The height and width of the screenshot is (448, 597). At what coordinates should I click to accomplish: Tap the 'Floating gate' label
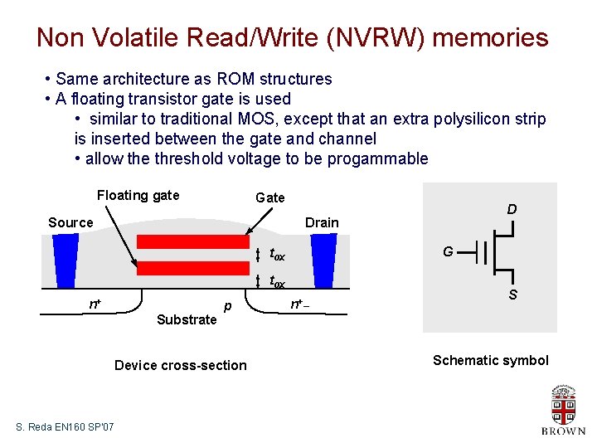[x=138, y=196]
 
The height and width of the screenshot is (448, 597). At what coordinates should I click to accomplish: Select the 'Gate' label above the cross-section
[x=270, y=197]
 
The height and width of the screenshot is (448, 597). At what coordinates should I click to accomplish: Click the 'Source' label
[x=70, y=222]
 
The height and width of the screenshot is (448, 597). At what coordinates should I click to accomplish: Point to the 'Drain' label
[x=322, y=222]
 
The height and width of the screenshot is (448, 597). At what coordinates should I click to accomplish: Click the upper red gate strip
[x=192, y=242]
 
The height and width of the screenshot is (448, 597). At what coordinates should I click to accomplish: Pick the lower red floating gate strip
[x=192, y=268]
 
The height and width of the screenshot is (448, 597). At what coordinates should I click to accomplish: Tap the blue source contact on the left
[x=64, y=260]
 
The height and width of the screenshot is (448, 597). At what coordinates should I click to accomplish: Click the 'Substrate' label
[x=186, y=319]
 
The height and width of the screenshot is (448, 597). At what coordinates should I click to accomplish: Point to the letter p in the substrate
[x=226, y=307]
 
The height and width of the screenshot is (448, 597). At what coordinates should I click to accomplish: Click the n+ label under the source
[x=95, y=304]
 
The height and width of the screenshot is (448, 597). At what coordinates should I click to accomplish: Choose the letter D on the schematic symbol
[x=512, y=210]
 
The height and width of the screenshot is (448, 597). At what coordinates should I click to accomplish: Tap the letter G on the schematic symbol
[x=447, y=251]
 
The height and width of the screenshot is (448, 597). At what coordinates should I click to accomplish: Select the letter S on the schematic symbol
[x=512, y=295]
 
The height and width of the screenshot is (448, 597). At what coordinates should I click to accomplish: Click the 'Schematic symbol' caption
[x=491, y=360]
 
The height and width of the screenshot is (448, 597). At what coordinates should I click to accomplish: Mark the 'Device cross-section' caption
[x=180, y=365]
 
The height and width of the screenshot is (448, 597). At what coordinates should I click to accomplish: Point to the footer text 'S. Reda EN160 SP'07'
[x=66, y=426]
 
